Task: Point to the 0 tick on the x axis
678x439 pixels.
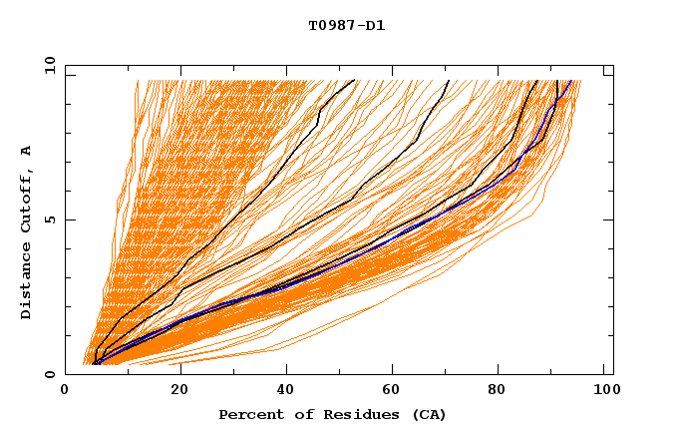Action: (x=65, y=391)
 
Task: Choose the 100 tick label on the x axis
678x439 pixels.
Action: (x=604, y=391)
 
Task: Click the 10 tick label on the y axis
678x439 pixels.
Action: (x=49, y=65)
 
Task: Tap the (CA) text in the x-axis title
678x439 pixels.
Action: (x=427, y=414)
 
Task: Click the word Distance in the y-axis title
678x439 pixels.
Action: (x=26, y=281)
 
